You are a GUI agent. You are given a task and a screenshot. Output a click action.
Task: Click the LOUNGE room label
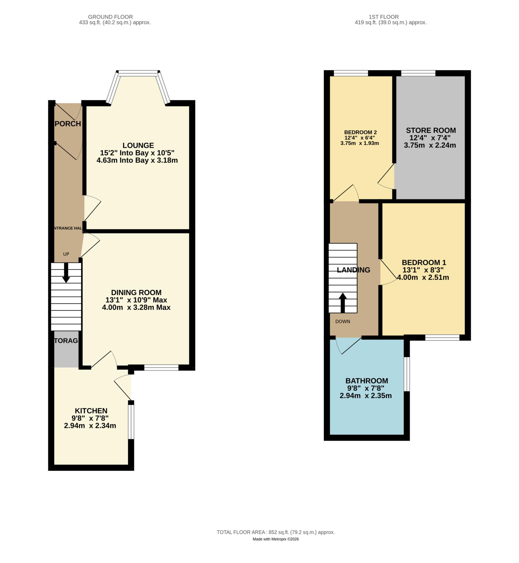138,145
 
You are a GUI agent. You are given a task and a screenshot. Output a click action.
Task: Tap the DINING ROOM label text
136,292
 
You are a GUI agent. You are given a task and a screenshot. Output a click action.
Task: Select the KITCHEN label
91,411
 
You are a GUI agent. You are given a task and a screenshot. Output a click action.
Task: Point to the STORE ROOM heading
431,130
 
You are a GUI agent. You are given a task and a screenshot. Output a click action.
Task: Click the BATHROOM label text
367,381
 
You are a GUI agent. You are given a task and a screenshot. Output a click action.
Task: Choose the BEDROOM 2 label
360,132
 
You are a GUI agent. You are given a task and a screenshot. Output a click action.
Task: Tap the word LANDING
353,270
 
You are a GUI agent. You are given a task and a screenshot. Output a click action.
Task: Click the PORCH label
68,124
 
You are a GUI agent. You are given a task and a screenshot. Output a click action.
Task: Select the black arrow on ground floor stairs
66,273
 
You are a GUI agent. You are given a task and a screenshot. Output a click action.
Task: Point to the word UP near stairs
66,254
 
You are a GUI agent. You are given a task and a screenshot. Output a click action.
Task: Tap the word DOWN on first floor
343,321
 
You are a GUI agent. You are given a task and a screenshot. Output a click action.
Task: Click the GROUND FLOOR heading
110,17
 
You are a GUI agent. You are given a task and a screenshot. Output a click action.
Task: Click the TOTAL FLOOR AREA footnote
276,532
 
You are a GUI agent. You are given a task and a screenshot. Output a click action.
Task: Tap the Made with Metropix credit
276,539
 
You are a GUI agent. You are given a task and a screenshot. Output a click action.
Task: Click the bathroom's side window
407,374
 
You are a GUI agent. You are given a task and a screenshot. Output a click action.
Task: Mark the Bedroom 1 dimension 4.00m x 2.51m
423,278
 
